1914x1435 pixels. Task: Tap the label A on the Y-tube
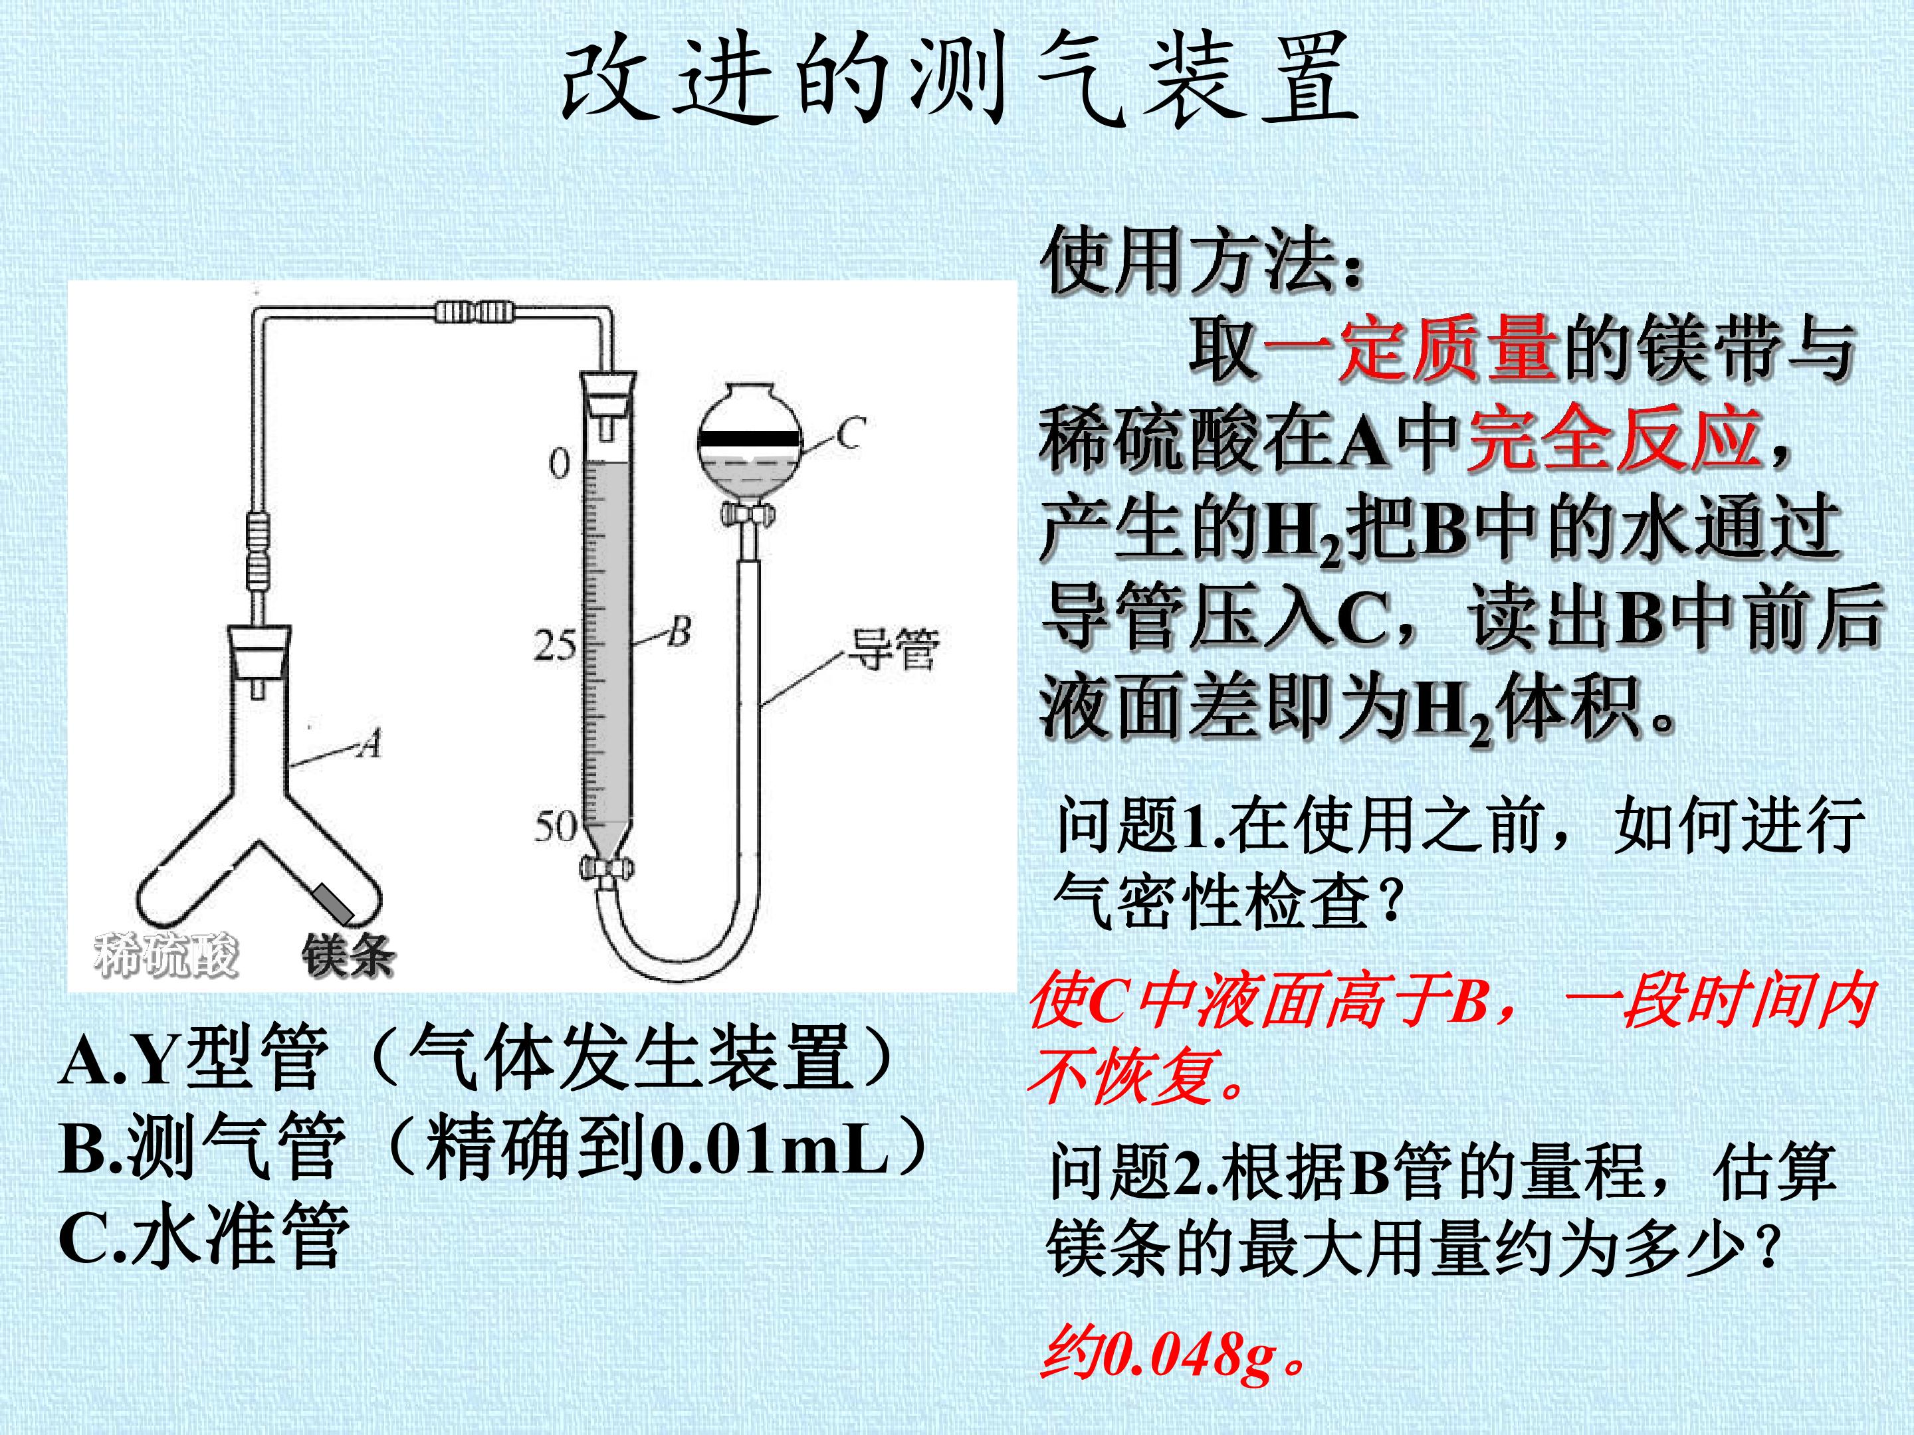(x=370, y=743)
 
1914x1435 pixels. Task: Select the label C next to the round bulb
(x=851, y=433)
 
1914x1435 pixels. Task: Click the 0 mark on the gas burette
(x=560, y=464)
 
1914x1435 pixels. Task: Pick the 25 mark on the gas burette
(x=555, y=644)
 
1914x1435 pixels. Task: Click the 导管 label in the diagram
(x=892, y=650)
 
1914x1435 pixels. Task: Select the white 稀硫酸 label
(x=165, y=955)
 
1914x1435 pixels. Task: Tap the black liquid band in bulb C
(x=750, y=438)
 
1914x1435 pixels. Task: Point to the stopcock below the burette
(x=605, y=867)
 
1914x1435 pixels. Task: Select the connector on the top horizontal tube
(x=476, y=312)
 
